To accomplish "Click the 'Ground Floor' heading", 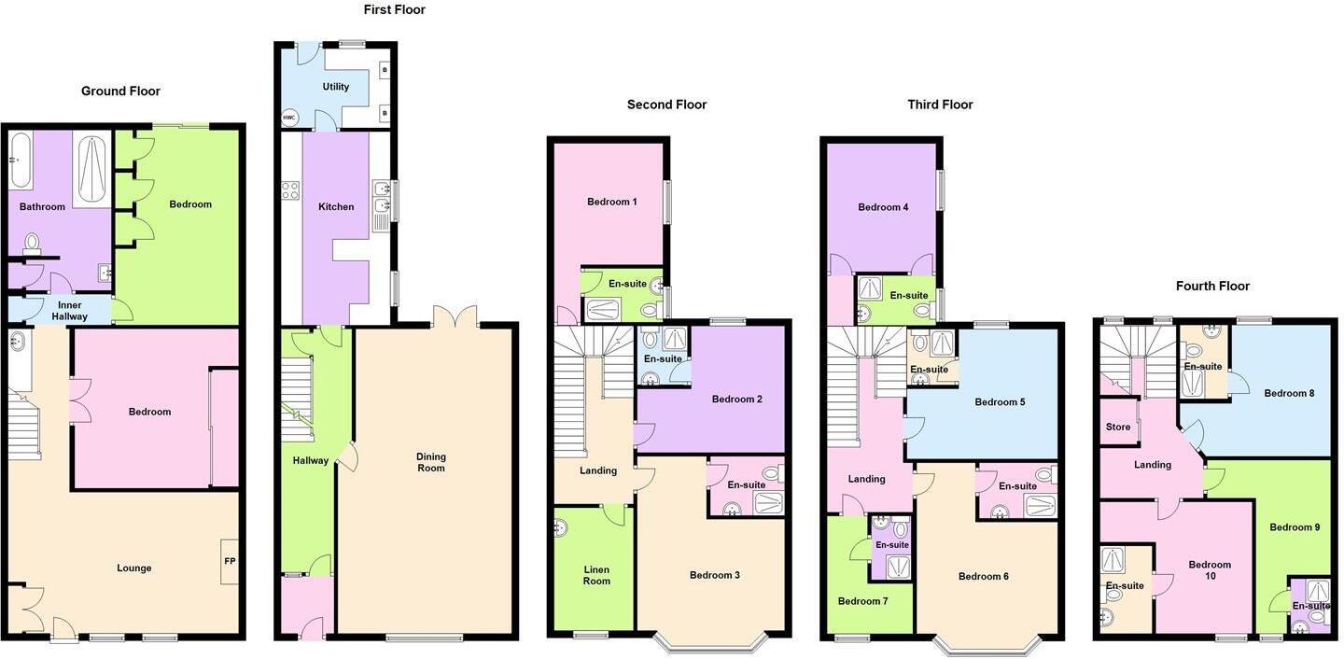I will tap(120, 91).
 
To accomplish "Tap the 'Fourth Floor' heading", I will tap(1212, 286).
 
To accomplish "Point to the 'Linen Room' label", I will tap(596, 574).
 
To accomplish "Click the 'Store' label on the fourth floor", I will tap(1117, 428).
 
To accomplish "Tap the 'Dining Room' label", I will tap(431, 462).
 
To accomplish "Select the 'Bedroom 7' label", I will tap(862, 601).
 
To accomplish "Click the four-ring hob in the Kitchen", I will tap(289, 190).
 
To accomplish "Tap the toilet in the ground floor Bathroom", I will tap(32, 245).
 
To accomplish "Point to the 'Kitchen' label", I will tap(336, 207).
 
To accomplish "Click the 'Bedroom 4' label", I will tap(883, 207).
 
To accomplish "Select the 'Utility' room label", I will tap(335, 87).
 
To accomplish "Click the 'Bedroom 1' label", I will tap(612, 202).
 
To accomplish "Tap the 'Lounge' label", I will tap(134, 568).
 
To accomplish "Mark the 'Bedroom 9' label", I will tap(1295, 527).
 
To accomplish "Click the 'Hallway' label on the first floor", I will tap(311, 460).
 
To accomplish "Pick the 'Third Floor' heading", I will tap(940, 105).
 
